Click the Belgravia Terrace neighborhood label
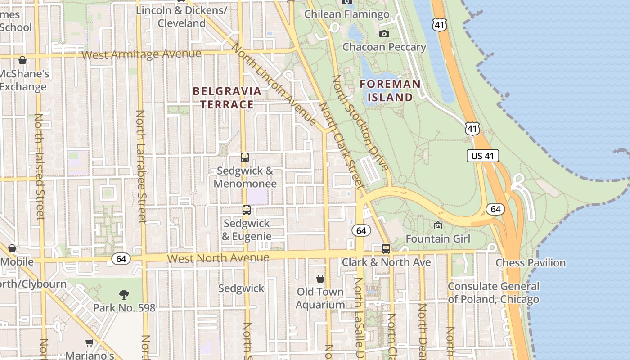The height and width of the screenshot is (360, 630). pyautogui.click(x=227, y=98)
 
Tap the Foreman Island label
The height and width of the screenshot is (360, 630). pyautogui.click(x=390, y=90)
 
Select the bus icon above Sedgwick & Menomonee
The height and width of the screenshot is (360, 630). pyautogui.click(x=245, y=157)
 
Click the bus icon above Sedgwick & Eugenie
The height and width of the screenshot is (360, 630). pyautogui.click(x=246, y=210)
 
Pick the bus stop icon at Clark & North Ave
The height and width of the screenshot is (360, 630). pyautogui.click(x=386, y=249)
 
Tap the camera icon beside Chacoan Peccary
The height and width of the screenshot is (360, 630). pyautogui.click(x=384, y=34)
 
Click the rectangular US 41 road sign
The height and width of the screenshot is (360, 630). pyautogui.click(x=482, y=156)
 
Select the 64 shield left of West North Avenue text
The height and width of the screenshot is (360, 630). pyautogui.click(x=121, y=259)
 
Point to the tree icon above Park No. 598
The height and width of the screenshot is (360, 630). pyautogui.click(x=124, y=295)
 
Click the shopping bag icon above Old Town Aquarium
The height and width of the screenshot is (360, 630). pyautogui.click(x=320, y=279)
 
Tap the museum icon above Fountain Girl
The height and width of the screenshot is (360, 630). pyautogui.click(x=437, y=225)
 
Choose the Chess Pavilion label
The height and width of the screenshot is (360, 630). pyautogui.click(x=531, y=262)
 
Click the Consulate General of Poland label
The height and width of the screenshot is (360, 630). pyautogui.click(x=493, y=292)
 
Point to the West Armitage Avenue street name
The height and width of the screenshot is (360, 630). pyautogui.click(x=142, y=54)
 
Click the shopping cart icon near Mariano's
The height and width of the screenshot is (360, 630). pyautogui.click(x=90, y=343)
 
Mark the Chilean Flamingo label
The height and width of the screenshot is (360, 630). pyautogui.click(x=346, y=14)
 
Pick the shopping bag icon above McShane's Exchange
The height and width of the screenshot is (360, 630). pyautogui.click(x=22, y=60)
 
